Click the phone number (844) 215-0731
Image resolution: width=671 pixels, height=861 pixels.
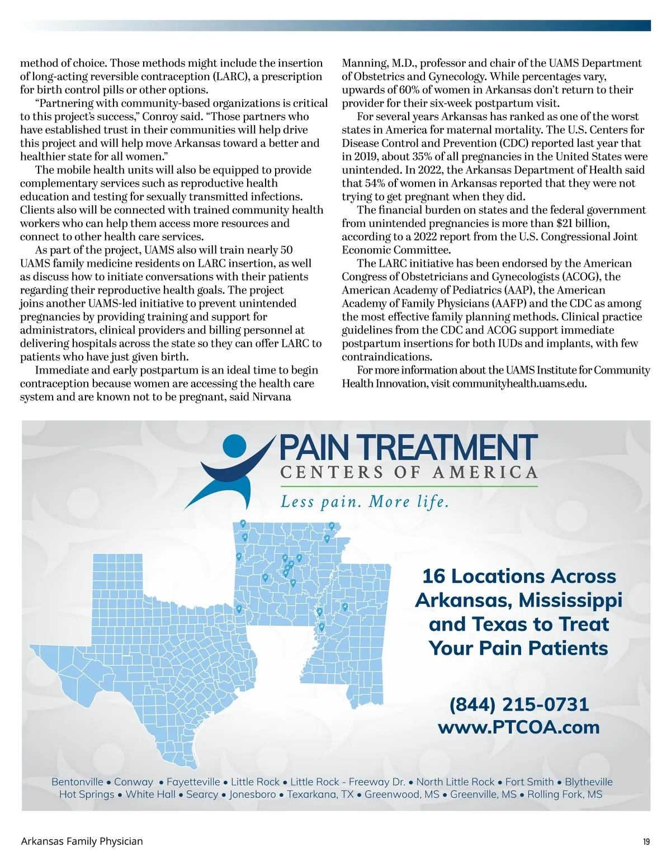tap(519, 704)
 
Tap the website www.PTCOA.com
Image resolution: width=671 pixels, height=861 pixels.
tap(519, 727)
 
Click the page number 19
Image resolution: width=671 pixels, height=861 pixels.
tap(646, 841)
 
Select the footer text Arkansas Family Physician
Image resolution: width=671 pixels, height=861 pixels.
tap(82, 841)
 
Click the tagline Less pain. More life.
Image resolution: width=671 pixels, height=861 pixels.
tap(365, 502)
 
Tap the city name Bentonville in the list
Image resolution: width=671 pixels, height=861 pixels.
tap(77, 782)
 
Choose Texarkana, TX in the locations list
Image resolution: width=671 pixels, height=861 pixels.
tap(320, 794)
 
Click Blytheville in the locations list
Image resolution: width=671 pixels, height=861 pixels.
tap(588, 782)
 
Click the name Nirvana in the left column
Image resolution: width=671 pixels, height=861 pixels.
tap(271, 397)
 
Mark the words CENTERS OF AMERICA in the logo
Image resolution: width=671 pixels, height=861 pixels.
tap(409, 472)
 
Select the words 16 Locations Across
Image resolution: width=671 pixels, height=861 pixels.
tap(519, 576)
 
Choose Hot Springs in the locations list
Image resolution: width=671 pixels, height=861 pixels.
tap(87, 794)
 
